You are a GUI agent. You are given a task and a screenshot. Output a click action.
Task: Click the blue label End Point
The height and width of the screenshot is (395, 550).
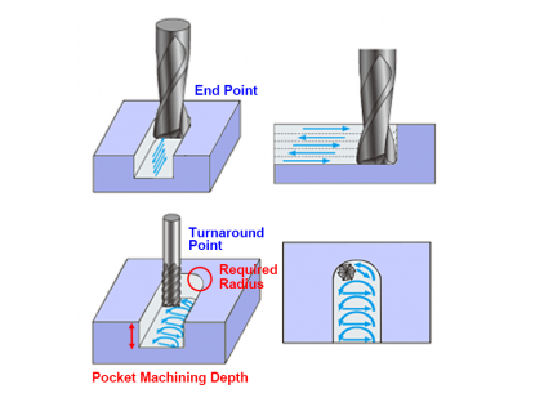point(226,91)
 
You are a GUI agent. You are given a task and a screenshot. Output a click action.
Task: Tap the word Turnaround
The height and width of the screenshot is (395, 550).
point(226,233)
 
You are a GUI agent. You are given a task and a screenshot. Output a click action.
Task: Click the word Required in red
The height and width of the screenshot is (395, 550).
point(248,270)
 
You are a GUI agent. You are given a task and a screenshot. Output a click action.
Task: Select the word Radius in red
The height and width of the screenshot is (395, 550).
point(241,283)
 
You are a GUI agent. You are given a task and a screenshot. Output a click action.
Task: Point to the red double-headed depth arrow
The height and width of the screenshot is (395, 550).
point(132,336)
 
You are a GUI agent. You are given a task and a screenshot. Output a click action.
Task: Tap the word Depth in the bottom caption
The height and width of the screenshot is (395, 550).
point(230,378)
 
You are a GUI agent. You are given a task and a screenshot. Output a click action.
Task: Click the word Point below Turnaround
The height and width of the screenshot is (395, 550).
point(205,246)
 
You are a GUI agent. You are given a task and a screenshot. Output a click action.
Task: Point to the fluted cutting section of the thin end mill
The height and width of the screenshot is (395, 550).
point(171,283)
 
